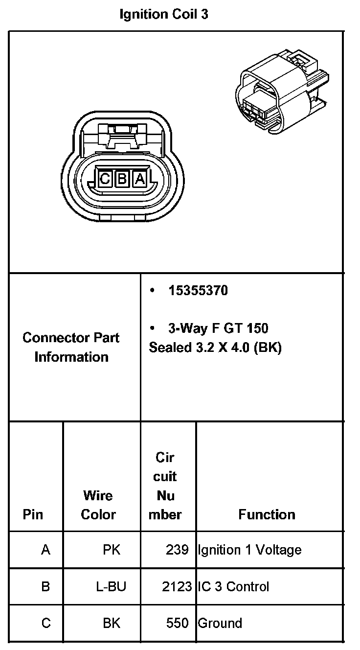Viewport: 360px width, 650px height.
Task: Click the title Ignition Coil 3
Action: click(x=164, y=15)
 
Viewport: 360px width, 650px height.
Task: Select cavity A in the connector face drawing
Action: click(x=139, y=179)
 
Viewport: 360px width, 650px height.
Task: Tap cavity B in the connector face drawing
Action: click(x=122, y=179)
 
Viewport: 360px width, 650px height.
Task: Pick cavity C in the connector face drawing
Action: click(x=105, y=179)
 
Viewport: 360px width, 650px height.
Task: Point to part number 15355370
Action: click(x=198, y=291)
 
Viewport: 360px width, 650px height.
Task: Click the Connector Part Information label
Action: click(x=71, y=347)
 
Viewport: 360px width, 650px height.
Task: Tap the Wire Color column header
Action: click(x=98, y=505)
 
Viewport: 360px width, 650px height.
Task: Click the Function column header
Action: click(x=267, y=514)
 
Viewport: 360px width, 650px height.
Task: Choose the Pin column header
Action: click(x=33, y=514)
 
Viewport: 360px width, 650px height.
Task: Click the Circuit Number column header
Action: click(x=166, y=486)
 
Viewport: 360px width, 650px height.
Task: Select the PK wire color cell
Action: click(x=112, y=550)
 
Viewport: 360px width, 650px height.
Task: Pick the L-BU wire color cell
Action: click(x=111, y=586)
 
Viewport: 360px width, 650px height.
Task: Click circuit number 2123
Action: click(x=177, y=586)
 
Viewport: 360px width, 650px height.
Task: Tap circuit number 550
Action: click(x=177, y=623)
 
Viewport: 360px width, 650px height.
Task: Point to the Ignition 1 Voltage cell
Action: click(x=249, y=550)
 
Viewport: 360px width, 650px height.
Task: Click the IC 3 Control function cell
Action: click(x=233, y=586)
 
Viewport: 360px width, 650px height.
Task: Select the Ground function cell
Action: click(x=220, y=623)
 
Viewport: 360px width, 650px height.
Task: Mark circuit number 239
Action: click(x=177, y=550)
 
